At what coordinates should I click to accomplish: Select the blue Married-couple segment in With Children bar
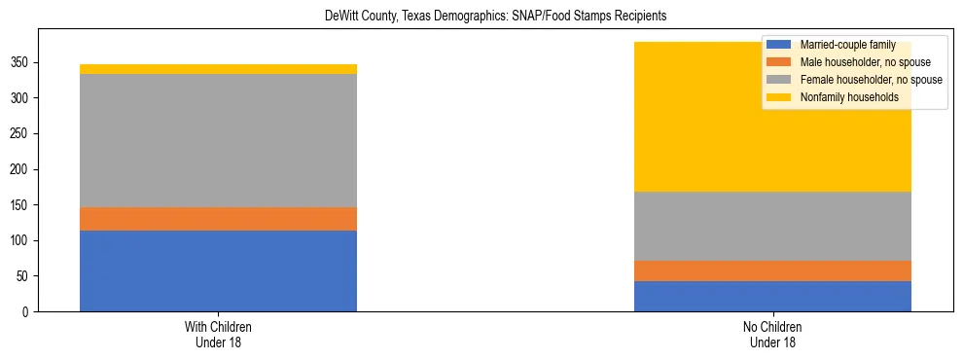click(218, 270)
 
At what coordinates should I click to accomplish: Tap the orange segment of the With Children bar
click(218, 219)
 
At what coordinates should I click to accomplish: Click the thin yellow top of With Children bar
click(218, 69)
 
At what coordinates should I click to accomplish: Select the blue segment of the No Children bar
click(772, 296)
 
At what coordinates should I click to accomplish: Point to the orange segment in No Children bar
click(772, 270)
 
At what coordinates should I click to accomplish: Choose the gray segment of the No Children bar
click(772, 226)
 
